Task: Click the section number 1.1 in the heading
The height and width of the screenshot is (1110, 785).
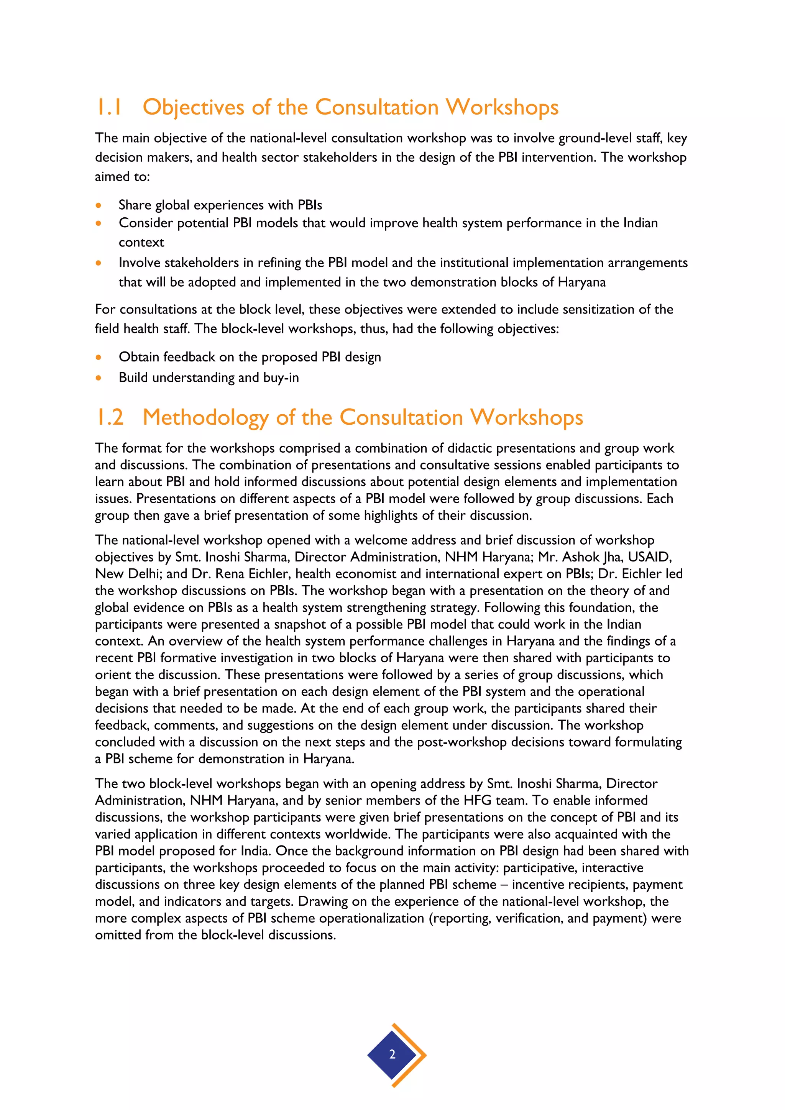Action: tap(109, 107)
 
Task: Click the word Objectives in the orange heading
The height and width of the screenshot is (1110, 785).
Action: tap(193, 107)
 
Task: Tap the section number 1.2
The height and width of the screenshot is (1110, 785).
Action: tap(110, 417)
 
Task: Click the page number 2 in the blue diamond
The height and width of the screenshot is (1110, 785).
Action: tap(392, 1054)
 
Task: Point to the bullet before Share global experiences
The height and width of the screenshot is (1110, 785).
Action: tap(99, 205)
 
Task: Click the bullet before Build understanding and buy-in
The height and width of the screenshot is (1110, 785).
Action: tap(99, 378)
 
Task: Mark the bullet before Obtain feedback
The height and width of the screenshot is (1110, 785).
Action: tap(99, 358)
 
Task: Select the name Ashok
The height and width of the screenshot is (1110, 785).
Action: tap(580, 557)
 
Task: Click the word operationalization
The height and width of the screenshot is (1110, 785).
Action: tap(347, 918)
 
